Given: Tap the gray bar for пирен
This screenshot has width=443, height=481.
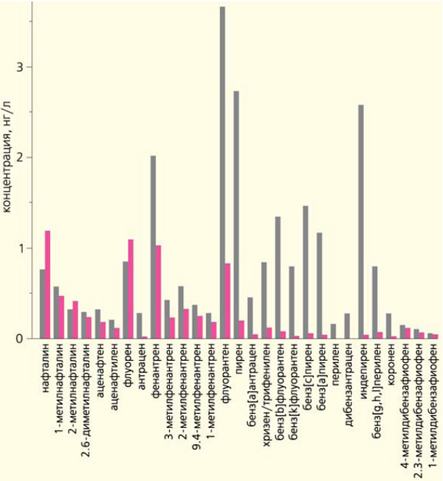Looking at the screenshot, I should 236,215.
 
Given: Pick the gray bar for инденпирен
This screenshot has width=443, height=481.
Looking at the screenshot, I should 360,221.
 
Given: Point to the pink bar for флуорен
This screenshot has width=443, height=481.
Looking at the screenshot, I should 131,288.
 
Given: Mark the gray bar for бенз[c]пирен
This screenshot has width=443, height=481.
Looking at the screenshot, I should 305,272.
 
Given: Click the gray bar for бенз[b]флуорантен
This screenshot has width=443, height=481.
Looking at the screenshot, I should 278,277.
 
